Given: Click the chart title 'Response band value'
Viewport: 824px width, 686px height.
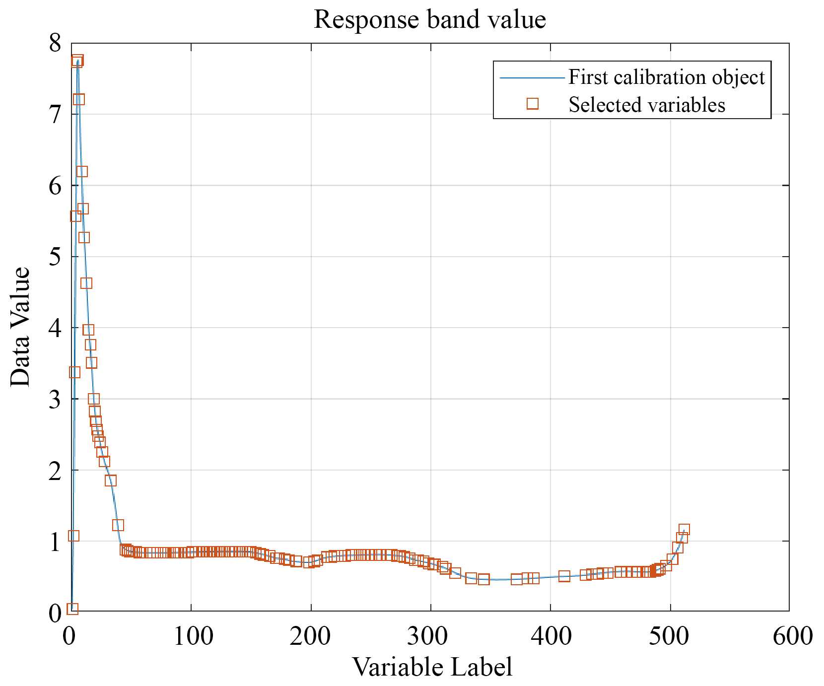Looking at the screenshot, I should point(430,20).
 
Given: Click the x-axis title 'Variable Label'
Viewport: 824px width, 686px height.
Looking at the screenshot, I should point(432,667).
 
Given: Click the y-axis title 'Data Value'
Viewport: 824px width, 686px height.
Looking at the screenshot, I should point(21,327).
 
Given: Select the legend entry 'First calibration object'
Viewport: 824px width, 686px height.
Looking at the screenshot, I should point(666,77).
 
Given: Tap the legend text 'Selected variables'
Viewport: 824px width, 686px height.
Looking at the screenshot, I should point(646,105).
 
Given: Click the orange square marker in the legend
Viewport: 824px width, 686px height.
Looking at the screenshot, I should point(533,103).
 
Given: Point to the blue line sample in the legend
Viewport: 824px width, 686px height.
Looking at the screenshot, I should point(532,78).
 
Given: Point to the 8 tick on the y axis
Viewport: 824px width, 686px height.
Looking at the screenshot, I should point(55,44).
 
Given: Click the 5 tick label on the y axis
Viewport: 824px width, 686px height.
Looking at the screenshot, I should point(55,257).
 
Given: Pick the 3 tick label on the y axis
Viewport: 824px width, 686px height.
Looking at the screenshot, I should point(55,399).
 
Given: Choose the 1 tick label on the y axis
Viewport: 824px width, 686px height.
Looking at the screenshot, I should point(55,542).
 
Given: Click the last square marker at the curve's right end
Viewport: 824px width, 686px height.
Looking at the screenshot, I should point(684,530).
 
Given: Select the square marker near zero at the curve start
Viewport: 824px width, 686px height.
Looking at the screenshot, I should point(73,609).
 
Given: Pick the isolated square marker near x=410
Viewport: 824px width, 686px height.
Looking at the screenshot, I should point(564,576).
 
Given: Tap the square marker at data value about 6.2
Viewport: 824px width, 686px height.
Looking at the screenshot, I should point(82,172).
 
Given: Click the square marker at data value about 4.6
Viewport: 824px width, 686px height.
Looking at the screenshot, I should point(86,283).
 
